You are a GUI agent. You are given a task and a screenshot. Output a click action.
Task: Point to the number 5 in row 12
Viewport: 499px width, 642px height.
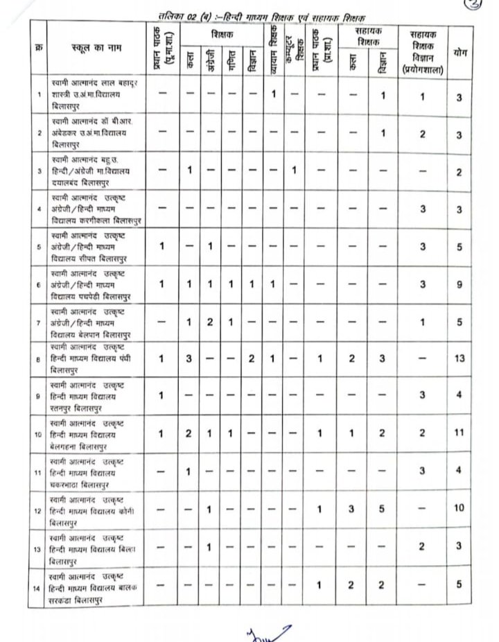382,509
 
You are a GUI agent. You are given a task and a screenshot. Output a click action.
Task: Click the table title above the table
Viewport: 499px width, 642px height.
261,15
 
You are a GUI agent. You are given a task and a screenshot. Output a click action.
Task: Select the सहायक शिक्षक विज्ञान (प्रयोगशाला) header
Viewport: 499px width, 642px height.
421,52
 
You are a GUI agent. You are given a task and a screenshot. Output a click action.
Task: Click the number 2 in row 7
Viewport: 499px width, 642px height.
209,322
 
